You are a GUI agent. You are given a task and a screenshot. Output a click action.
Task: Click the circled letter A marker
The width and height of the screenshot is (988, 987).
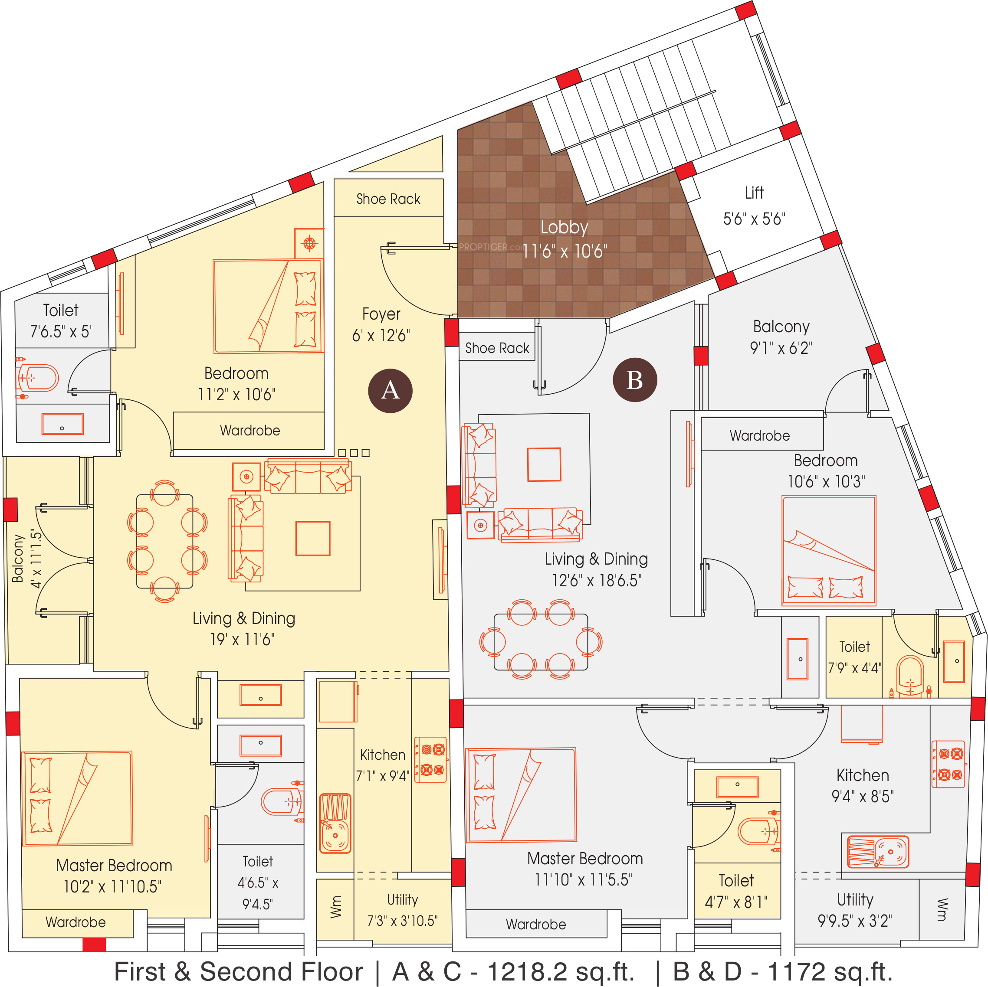click(x=390, y=390)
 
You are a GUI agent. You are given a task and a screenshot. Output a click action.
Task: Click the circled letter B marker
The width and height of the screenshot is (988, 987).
click(x=635, y=380)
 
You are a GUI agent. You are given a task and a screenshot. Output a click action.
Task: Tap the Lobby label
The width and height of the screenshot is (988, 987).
click(x=564, y=227)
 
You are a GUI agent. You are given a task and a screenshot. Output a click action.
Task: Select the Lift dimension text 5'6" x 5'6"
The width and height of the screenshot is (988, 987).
click(x=754, y=219)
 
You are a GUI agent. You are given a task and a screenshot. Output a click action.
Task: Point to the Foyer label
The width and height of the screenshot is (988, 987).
click(x=381, y=314)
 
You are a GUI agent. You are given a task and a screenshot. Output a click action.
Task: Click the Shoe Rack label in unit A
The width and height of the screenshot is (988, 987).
click(x=388, y=199)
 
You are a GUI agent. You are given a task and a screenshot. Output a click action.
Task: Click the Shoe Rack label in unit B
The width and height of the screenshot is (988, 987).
click(x=497, y=348)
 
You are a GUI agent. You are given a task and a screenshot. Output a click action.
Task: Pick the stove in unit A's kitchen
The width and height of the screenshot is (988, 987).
click(x=430, y=759)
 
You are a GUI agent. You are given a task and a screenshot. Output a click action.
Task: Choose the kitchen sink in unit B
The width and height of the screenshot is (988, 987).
click(x=877, y=852)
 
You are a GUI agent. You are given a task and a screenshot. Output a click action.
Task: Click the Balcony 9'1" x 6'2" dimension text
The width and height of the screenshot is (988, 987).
click(x=781, y=348)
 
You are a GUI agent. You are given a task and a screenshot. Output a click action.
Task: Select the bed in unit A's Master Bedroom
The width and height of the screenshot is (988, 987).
click(x=77, y=798)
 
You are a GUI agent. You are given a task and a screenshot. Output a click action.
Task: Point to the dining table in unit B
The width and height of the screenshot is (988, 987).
click(x=541, y=642)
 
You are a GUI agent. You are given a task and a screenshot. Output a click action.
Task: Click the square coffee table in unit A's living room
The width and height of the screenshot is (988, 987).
click(x=312, y=538)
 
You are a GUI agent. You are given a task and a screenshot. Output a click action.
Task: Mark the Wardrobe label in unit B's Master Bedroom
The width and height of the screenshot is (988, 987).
click(x=535, y=924)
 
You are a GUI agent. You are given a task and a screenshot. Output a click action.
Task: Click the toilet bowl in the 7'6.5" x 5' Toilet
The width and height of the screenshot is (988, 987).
click(x=37, y=378)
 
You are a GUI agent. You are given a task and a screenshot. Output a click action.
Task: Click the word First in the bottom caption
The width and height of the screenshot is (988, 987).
click(x=140, y=971)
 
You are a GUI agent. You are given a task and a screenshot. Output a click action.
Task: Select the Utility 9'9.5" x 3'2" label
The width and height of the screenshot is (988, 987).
click(x=854, y=910)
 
